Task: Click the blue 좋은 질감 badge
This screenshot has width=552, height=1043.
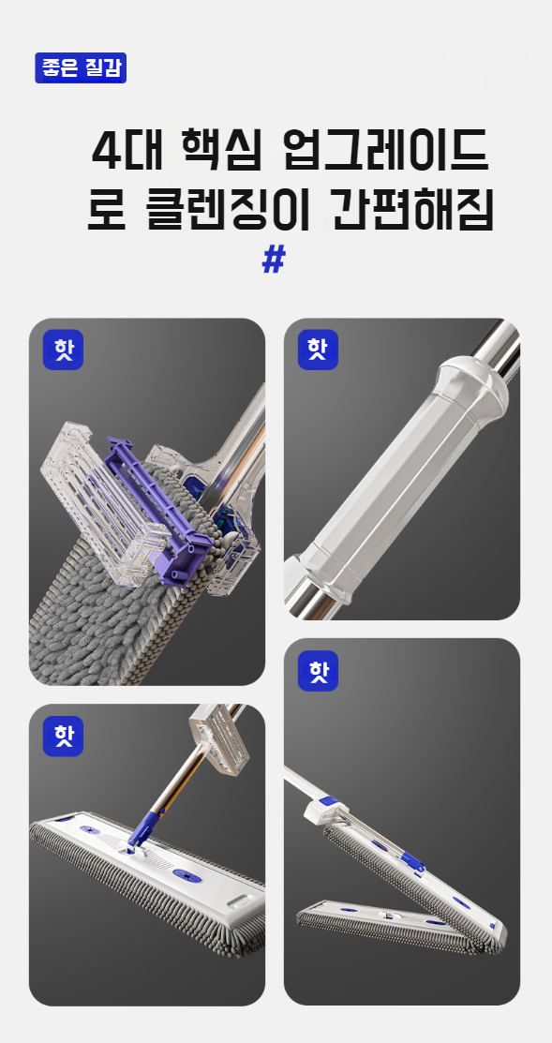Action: [81, 67]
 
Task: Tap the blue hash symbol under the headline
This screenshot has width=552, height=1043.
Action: [274, 260]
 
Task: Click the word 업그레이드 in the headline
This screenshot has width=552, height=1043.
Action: [386, 151]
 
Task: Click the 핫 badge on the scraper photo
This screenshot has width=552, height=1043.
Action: [63, 350]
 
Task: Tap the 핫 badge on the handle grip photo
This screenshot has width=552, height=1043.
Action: [318, 350]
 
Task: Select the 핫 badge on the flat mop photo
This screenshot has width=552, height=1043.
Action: [63, 737]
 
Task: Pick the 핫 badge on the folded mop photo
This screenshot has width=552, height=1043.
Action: [318, 671]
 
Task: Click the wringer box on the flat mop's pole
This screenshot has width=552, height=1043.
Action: [218, 741]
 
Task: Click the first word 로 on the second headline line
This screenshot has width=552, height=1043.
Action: [107, 210]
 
